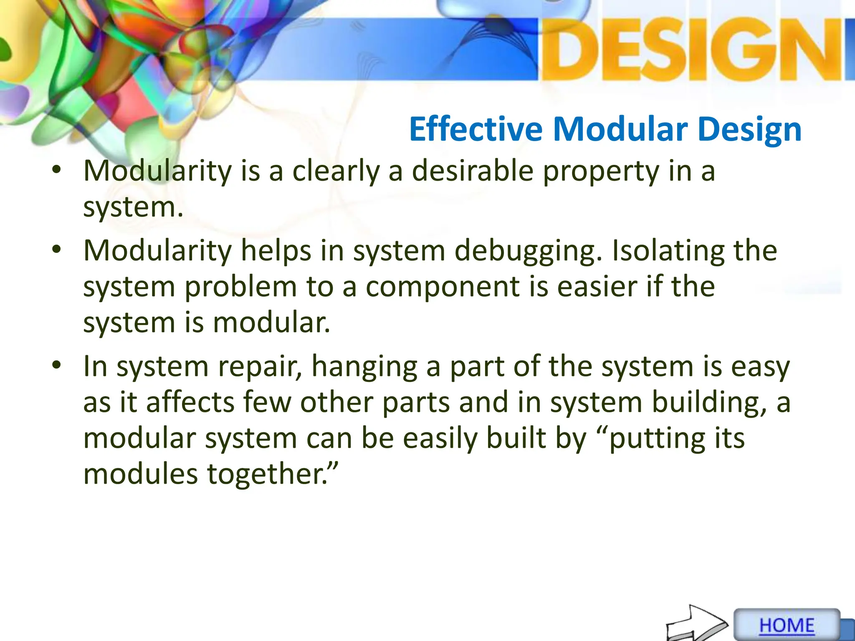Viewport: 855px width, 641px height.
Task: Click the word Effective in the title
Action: pyautogui.click(x=476, y=129)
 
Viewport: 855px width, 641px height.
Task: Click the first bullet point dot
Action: pyautogui.click(x=57, y=171)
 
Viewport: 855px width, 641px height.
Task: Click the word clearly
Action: pyautogui.click(x=336, y=172)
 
